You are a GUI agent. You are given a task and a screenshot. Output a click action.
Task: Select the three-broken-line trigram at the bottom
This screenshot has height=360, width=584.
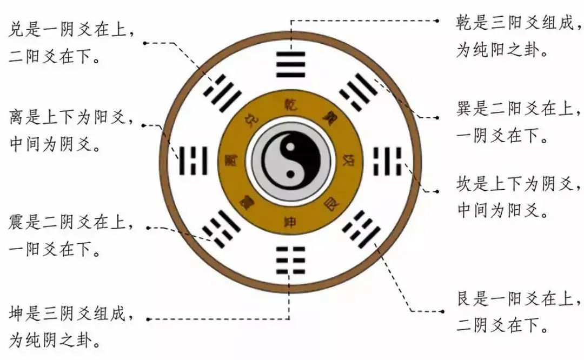(x=290, y=259)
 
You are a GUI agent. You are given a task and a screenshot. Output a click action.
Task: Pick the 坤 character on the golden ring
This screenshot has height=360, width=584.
(x=290, y=222)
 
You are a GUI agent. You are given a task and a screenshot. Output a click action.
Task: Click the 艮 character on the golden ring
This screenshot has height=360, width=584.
(x=330, y=204)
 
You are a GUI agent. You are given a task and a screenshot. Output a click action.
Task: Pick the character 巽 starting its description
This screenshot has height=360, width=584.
(x=465, y=109)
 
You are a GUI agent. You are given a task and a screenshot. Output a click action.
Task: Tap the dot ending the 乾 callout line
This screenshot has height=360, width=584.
(x=439, y=21)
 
